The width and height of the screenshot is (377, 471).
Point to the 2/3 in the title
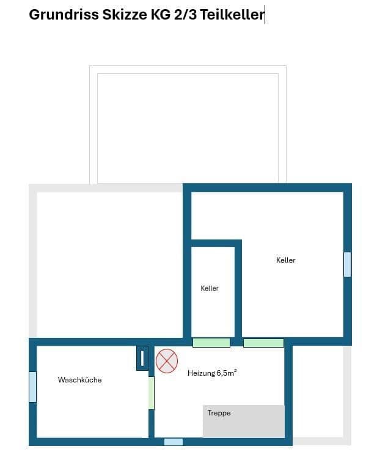coord(181,15)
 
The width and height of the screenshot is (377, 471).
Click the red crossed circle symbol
coord(167,360)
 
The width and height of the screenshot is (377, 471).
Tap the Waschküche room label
coord(79,380)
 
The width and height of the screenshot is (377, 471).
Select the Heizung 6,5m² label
coord(212,373)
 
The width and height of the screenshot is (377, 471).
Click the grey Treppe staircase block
coord(244,422)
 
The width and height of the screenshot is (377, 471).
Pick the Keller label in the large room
coord(285,260)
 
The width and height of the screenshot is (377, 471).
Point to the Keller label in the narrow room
coord(210,288)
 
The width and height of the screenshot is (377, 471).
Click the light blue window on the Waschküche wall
coord(33,387)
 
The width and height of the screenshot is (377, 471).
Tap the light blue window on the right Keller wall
coord(347,265)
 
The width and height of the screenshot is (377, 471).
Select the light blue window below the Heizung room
coord(174,442)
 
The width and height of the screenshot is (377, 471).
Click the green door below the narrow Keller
coord(211,343)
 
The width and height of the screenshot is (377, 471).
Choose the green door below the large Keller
coord(263,343)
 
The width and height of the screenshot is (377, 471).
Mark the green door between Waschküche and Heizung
coord(151,393)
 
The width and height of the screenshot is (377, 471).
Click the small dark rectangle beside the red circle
coord(142,358)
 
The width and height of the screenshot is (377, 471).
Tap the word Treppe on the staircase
coord(219,414)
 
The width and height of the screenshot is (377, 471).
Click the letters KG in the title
coord(161,15)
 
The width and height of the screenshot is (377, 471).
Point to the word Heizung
coord(201,373)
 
